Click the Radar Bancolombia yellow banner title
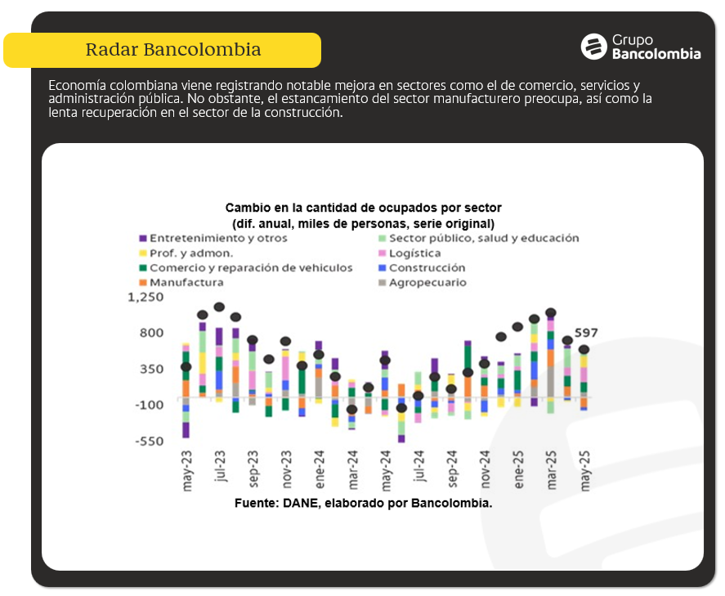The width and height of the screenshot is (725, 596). pyautogui.click(x=172, y=50)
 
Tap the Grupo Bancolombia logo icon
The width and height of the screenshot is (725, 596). pyautogui.click(x=593, y=47)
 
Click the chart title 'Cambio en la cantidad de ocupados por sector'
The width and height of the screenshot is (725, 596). pyautogui.click(x=363, y=208)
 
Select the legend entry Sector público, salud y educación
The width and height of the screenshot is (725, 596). pyautogui.click(x=483, y=238)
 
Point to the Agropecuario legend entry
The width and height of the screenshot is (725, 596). pyautogui.click(x=427, y=282)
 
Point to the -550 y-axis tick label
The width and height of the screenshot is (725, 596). pyautogui.click(x=150, y=441)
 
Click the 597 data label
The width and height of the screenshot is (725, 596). pyautogui.click(x=586, y=333)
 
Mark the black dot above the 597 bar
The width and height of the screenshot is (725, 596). pyautogui.click(x=584, y=350)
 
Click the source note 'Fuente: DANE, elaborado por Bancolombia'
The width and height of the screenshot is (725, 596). pyautogui.click(x=363, y=503)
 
